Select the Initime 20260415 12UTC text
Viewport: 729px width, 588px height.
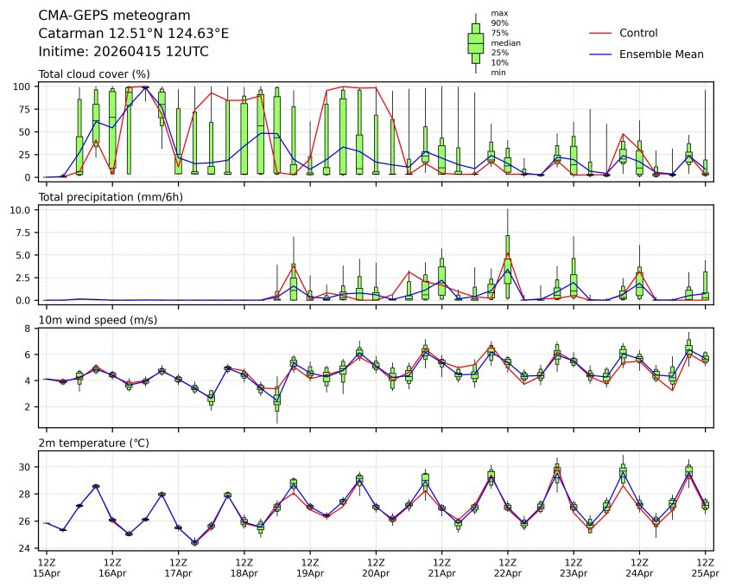124,52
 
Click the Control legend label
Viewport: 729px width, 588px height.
638,34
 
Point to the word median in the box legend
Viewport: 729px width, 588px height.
505,42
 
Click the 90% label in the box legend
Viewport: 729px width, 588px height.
499,23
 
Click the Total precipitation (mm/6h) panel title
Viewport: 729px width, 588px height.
111,197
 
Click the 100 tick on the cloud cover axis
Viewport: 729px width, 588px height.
23,86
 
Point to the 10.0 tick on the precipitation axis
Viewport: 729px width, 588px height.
22,210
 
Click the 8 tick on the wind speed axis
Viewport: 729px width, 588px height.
29,329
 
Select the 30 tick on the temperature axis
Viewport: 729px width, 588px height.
26,467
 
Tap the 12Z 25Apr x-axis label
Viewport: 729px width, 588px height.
705,567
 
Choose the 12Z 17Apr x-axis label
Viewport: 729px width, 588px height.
178,567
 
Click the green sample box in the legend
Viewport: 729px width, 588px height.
475,42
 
